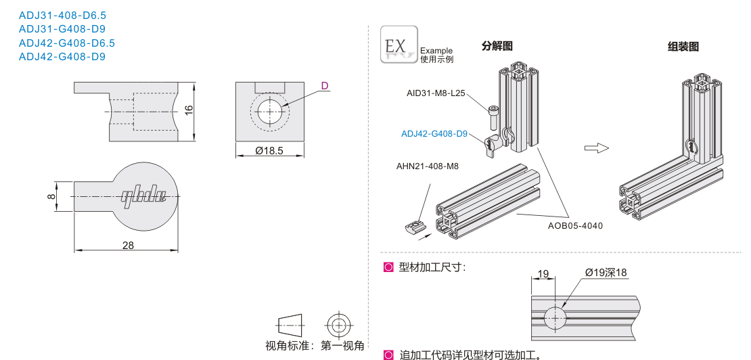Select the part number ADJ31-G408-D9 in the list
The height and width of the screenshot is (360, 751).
(x=62, y=28)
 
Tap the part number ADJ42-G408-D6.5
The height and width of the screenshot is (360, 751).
(x=67, y=43)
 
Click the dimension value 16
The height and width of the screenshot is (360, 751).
(x=189, y=112)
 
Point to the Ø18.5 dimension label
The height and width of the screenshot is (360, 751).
(x=269, y=151)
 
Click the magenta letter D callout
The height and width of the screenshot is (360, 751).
(x=325, y=86)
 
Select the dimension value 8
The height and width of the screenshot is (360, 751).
(x=51, y=196)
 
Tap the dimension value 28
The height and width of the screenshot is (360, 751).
(x=128, y=245)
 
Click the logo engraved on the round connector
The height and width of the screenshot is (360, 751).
(x=143, y=197)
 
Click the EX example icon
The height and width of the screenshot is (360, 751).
(x=399, y=45)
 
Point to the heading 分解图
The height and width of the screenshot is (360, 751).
(x=497, y=46)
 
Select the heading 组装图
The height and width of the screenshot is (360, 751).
(x=683, y=46)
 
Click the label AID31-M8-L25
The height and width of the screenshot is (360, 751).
(x=436, y=93)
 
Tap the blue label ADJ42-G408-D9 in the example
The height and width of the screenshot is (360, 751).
(x=434, y=133)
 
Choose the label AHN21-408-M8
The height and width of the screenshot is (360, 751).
(x=427, y=166)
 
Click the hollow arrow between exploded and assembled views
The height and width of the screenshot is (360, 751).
(x=597, y=148)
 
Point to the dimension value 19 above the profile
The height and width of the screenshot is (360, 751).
(x=543, y=273)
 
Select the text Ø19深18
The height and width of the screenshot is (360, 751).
(x=606, y=273)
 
